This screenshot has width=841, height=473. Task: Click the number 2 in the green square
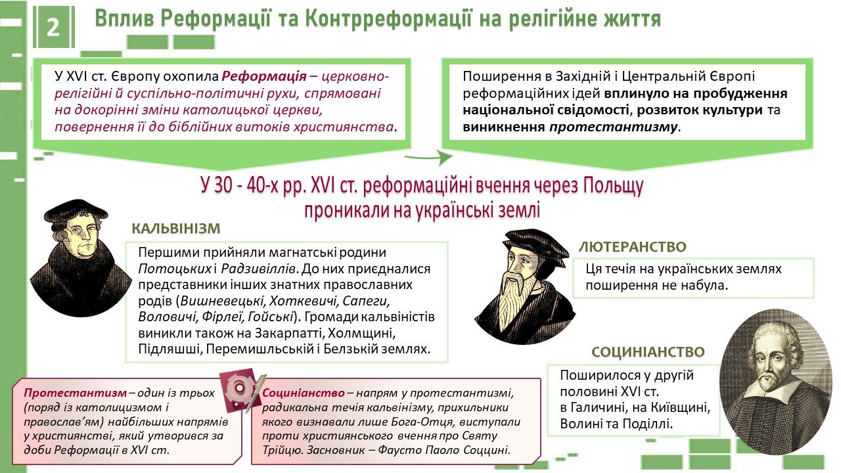tap(53, 28)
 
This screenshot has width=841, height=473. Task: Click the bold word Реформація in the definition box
tap(264, 76)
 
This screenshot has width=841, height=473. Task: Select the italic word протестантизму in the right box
tap(613, 127)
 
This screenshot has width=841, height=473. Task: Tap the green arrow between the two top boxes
tap(428, 157)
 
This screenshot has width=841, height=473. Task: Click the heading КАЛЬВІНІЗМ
tap(175, 228)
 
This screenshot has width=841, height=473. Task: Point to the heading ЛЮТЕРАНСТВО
tap(633, 246)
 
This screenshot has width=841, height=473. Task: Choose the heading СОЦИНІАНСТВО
tap(648, 351)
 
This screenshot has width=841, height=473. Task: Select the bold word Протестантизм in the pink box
tap(75, 393)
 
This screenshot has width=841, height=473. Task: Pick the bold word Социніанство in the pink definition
tap(304, 393)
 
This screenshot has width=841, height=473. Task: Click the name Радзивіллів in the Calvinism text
tap(259, 269)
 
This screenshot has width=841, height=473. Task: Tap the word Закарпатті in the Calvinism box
tap(288, 333)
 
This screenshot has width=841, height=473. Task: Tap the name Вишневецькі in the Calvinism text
tap(223, 301)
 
